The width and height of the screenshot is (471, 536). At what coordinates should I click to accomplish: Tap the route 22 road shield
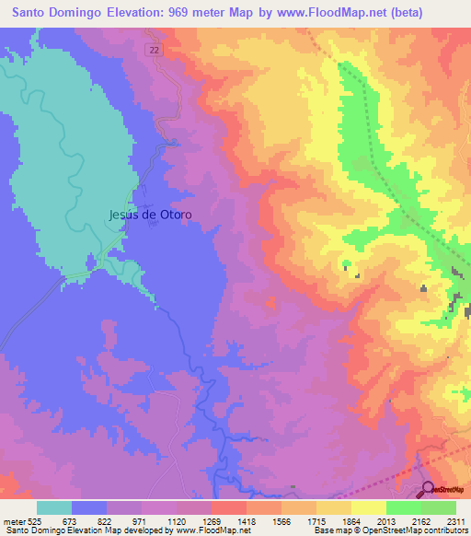154,51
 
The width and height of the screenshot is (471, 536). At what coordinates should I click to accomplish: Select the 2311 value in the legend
455,522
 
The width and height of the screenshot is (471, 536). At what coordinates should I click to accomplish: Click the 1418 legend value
247,522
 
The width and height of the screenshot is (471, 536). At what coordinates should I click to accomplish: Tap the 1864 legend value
350,522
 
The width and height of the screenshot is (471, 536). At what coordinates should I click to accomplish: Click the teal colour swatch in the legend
54,507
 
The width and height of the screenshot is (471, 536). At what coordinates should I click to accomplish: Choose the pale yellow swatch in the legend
368,507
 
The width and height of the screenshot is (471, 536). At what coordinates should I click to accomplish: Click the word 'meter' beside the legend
12,522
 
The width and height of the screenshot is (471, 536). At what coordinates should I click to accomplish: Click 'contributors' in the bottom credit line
445,531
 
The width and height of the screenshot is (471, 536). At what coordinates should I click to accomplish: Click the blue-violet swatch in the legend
89,507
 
